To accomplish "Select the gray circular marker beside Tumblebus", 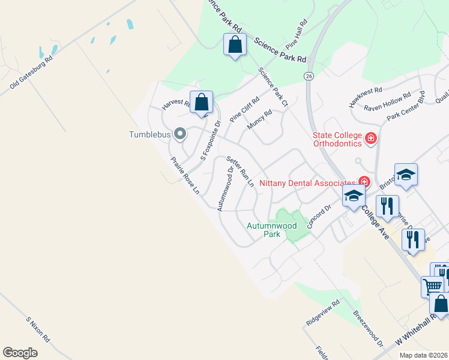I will click(x=179, y=133).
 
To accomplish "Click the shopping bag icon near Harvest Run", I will click(x=202, y=102).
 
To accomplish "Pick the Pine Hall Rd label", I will click(x=300, y=38).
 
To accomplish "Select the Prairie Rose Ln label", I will click(x=185, y=176).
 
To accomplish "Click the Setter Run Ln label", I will click(x=240, y=172).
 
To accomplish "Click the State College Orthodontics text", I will click(x=337, y=139).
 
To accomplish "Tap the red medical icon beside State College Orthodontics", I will click(x=370, y=139).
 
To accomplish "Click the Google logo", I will click(x=20, y=352).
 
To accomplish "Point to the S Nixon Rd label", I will click(x=38, y=329).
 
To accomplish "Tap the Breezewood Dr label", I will click(x=368, y=328).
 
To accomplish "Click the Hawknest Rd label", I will click(x=366, y=98).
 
